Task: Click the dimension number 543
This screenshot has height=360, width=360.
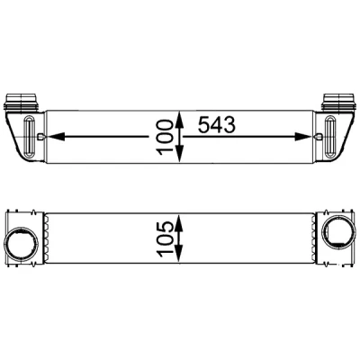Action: [x=217, y=125]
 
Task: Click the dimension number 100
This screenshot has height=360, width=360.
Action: [x=165, y=138]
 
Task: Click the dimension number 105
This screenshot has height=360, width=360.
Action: [x=165, y=239]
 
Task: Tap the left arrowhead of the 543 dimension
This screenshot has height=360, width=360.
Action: [x=56, y=137]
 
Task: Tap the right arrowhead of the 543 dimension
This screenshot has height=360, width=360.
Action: [x=302, y=137]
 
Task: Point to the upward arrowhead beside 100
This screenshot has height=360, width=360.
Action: [x=179, y=120]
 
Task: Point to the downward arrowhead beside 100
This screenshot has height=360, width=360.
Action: [x=179, y=154]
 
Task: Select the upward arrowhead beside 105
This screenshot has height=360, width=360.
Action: [x=179, y=222]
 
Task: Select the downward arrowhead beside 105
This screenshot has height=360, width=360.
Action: [x=179, y=254]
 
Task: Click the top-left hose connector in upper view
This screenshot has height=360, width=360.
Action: [x=22, y=101]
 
